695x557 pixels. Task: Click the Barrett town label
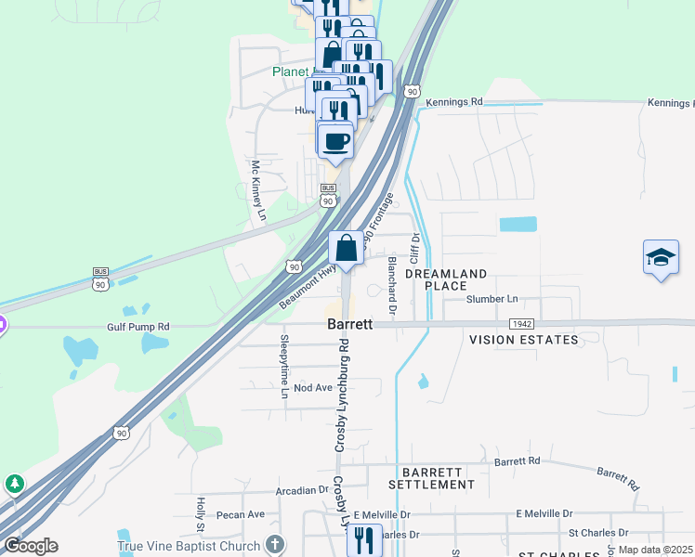[350, 325]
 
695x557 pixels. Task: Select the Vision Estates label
[523, 340]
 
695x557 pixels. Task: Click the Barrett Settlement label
[431, 478]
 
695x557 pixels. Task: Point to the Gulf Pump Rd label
[138, 327]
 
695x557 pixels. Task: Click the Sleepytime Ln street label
[285, 367]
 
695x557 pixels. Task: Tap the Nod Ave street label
[312, 387]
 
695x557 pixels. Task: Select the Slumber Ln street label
[492, 299]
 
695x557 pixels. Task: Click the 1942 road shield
[521, 322]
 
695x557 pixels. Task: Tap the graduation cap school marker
[661, 257]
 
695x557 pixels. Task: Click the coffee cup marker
[336, 141]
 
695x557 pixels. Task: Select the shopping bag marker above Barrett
[346, 249]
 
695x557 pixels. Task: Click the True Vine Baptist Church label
[190, 546]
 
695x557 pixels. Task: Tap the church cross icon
[274, 544]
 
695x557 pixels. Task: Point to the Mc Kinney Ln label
[257, 191]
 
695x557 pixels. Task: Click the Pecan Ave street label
[241, 514]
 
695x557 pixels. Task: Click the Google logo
[30, 546]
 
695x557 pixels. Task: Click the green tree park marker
[14, 484]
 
